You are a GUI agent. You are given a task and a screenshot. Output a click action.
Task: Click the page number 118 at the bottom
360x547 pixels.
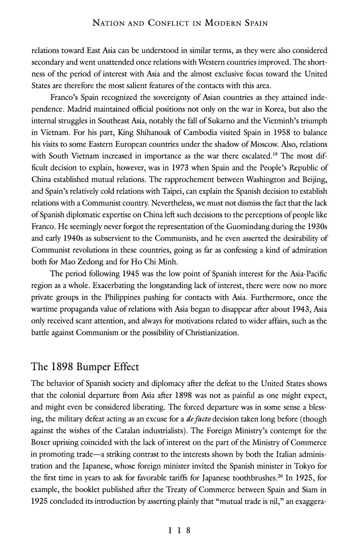click(x=180, y=530)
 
